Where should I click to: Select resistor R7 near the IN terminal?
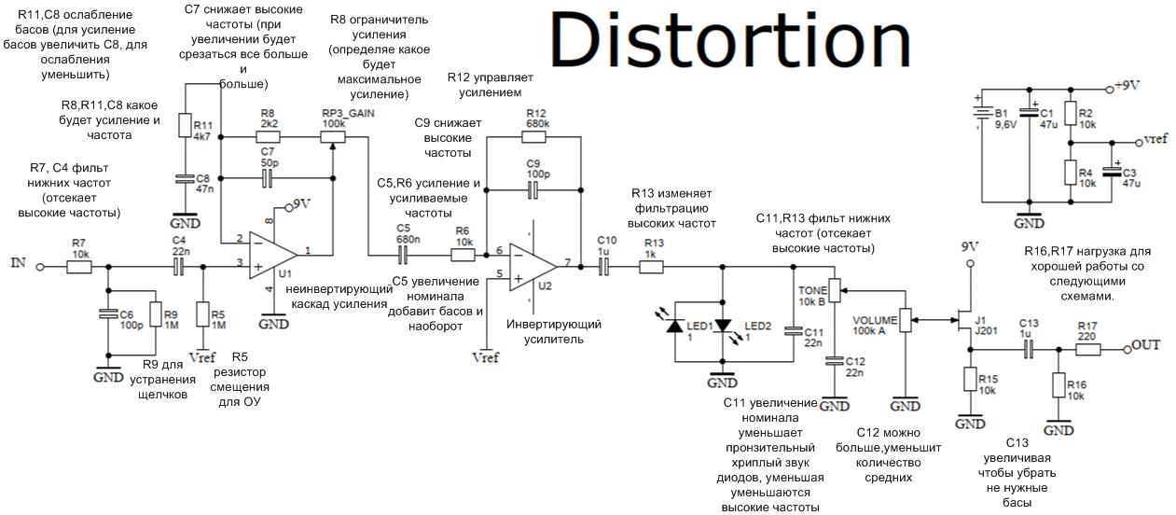click(x=80, y=267)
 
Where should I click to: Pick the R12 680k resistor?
click(x=534, y=137)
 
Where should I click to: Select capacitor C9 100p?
click(x=534, y=189)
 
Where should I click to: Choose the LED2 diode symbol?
click(x=723, y=326)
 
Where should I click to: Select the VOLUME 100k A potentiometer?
click(x=903, y=320)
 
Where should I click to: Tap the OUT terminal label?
click(x=1147, y=345)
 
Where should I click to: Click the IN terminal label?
click(x=18, y=263)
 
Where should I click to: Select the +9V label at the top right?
click(x=1128, y=85)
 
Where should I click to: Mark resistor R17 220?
click(x=1086, y=350)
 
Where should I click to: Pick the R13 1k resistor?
click(x=651, y=267)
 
